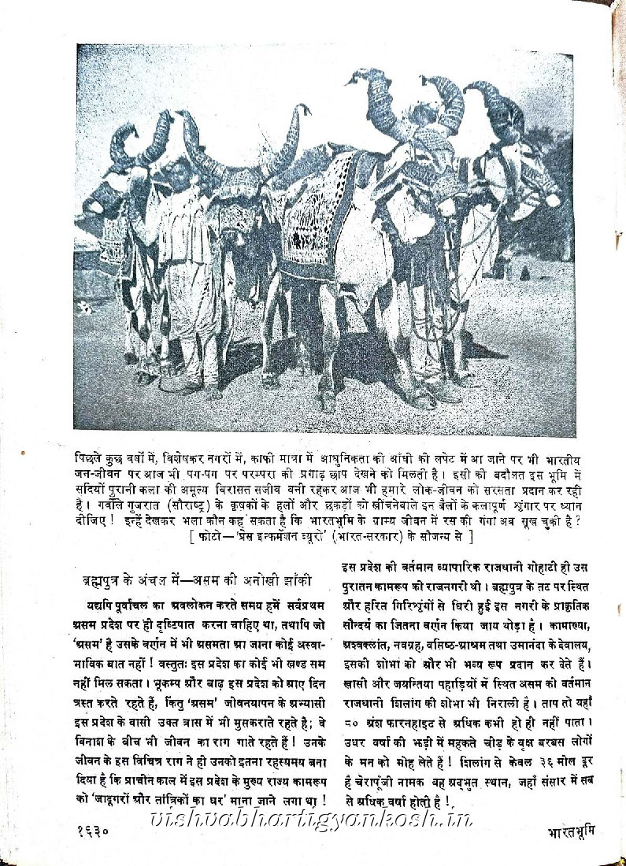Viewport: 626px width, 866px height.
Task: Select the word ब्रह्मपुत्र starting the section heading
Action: pyautogui.click(x=104, y=583)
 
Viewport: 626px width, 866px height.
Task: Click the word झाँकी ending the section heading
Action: pyautogui.click(x=295, y=583)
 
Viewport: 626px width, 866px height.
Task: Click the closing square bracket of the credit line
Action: pyautogui.click(x=470, y=537)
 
